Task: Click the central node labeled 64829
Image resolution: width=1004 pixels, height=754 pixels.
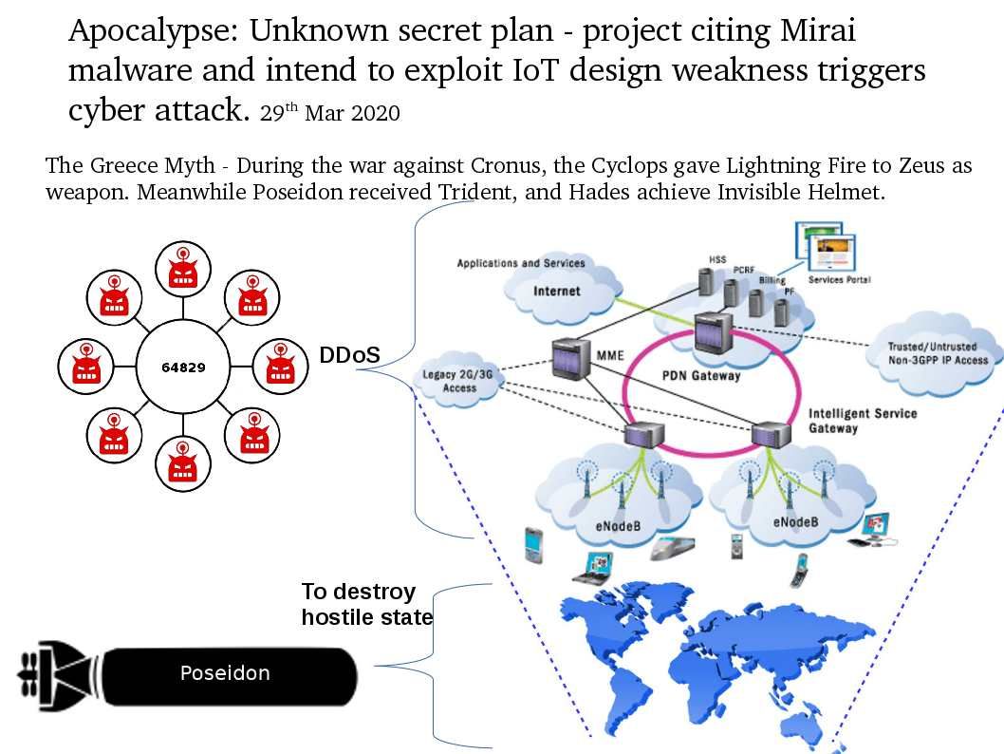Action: (183, 368)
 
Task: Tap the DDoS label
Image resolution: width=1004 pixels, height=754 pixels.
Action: (349, 355)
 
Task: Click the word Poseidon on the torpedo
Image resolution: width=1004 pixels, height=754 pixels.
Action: (225, 673)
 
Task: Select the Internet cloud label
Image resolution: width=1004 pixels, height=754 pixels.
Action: (557, 291)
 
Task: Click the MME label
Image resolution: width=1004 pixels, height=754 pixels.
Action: (610, 357)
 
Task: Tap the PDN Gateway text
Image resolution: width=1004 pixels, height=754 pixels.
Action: (700, 375)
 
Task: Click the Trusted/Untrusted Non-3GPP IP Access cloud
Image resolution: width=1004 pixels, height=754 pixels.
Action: (938, 353)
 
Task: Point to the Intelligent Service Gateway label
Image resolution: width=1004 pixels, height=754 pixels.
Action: (862, 421)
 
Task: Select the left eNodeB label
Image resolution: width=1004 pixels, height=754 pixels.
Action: (622, 521)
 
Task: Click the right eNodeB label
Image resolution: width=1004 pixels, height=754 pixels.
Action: (795, 521)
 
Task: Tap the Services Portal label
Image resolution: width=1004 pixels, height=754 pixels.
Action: (839, 280)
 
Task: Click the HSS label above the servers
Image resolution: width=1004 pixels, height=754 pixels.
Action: (717, 258)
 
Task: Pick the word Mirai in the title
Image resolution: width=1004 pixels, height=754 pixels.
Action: (817, 31)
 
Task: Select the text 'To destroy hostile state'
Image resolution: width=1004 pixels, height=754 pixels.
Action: (366, 604)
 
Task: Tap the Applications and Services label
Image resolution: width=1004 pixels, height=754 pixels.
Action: (521, 263)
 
